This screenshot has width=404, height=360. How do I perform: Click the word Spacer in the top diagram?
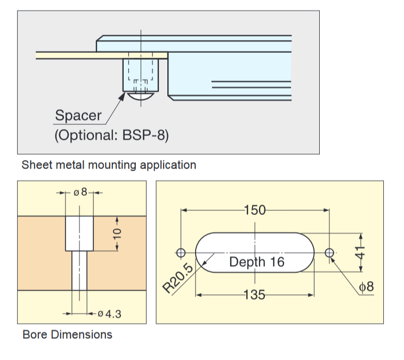78,115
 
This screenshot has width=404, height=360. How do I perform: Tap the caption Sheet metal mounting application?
109,165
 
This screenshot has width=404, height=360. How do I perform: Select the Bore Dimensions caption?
68,335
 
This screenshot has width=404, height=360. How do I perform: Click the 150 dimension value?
254,210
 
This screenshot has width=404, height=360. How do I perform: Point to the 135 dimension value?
254,294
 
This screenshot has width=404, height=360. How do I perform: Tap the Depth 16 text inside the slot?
257,262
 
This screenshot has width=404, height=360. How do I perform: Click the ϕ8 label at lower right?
367,287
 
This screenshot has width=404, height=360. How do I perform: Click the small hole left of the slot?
181,252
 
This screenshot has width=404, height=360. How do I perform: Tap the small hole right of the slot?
329,252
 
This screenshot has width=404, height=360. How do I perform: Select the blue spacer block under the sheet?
141,75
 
